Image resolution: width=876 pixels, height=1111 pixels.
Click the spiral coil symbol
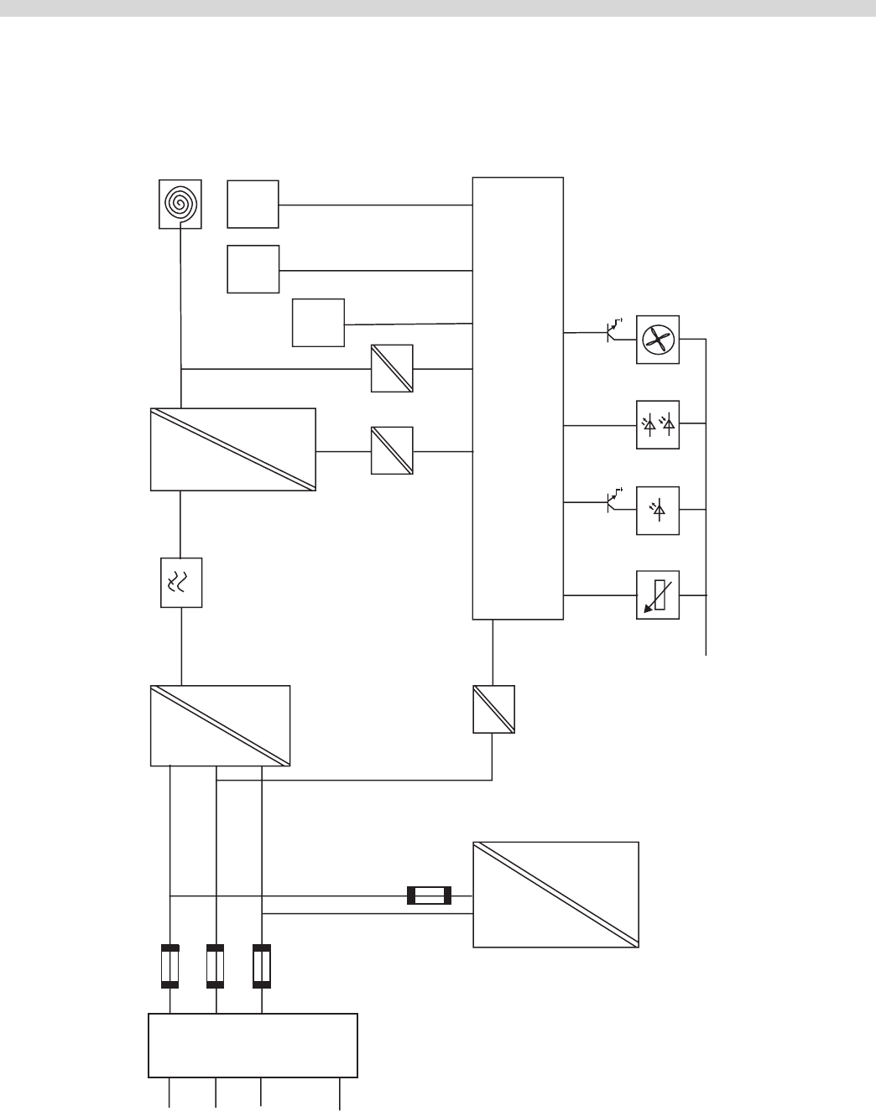[180, 204]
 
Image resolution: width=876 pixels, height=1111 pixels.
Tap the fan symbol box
[658, 340]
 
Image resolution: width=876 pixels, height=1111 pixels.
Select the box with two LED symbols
[658, 425]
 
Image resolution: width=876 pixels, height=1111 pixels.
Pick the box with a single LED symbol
[658, 510]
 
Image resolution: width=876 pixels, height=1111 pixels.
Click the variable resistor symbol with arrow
[658, 595]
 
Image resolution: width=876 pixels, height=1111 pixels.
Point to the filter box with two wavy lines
[181, 583]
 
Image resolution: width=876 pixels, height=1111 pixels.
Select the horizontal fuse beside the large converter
[429, 896]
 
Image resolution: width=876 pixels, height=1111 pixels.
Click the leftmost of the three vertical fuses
[170, 966]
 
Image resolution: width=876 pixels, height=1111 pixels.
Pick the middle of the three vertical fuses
[216, 966]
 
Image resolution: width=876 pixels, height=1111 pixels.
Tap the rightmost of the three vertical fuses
[262, 966]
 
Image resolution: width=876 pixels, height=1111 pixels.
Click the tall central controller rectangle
[518, 398]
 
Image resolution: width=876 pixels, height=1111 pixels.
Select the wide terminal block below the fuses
[253, 1045]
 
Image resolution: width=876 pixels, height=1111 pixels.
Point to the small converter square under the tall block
[493, 709]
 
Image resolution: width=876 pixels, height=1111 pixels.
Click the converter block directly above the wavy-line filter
[233, 449]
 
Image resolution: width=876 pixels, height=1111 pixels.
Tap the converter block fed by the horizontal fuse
[555, 894]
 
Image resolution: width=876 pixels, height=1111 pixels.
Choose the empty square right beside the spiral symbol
[253, 204]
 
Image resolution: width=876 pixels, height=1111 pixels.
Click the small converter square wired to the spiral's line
[392, 368]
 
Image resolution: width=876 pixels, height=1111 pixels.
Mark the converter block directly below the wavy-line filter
[220, 725]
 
